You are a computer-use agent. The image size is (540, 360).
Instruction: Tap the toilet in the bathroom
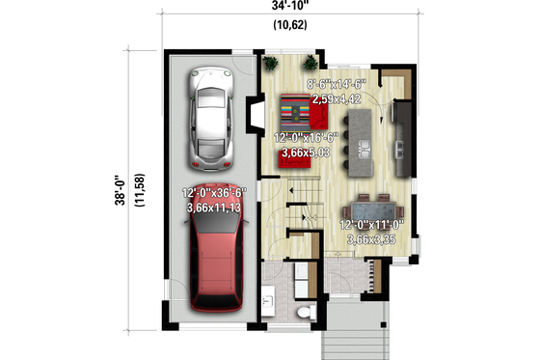[x=307, y=311]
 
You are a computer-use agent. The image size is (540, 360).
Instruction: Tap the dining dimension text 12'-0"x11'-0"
[x=370, y=226]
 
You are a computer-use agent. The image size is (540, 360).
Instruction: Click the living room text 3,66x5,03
[x=306, y=152]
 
